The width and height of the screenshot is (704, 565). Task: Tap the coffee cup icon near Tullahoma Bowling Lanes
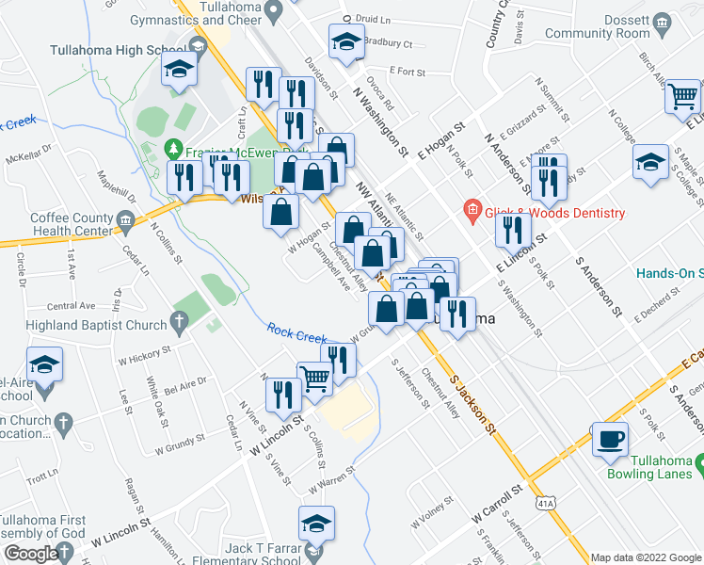[x=612, y=439]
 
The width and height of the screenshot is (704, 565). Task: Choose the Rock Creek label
[x=296, y=331]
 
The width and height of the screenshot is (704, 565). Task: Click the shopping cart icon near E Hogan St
[x=682, y=96]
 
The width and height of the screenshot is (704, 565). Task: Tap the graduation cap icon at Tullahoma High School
[x=178, y=69]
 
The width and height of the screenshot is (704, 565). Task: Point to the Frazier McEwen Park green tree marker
[x=172, y=149]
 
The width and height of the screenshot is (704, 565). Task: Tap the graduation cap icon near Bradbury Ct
[x=345, y=40]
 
